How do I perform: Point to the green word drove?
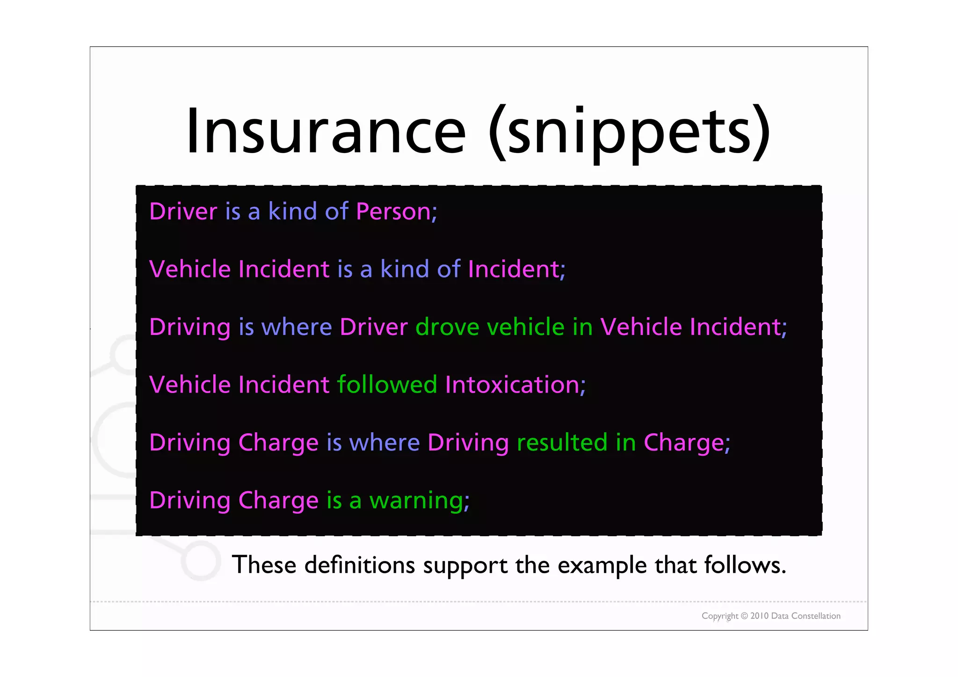click(447, 327)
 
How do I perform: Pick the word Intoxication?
click(513, 385)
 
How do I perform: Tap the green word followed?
click(387, 385)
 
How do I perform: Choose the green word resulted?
click(562, 443)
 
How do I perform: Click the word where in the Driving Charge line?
click(385, 443)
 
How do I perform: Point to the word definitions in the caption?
click(360, 565)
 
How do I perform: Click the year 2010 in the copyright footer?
click(760, 616)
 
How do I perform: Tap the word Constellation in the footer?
click(816, 616)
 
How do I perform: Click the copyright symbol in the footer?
click(744, 616)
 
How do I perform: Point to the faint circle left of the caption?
click(201, 561)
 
